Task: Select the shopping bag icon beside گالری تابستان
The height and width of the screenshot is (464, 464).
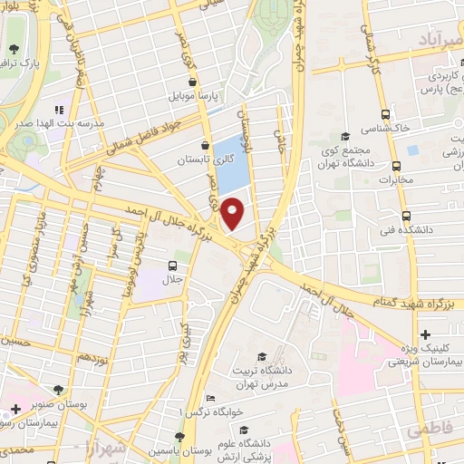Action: pos(208,144)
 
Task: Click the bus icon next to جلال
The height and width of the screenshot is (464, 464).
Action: pos(172,266)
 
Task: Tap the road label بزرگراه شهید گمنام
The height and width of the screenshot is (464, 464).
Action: pos(411,296)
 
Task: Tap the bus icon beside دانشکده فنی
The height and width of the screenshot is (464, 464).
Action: pos(405,216)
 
